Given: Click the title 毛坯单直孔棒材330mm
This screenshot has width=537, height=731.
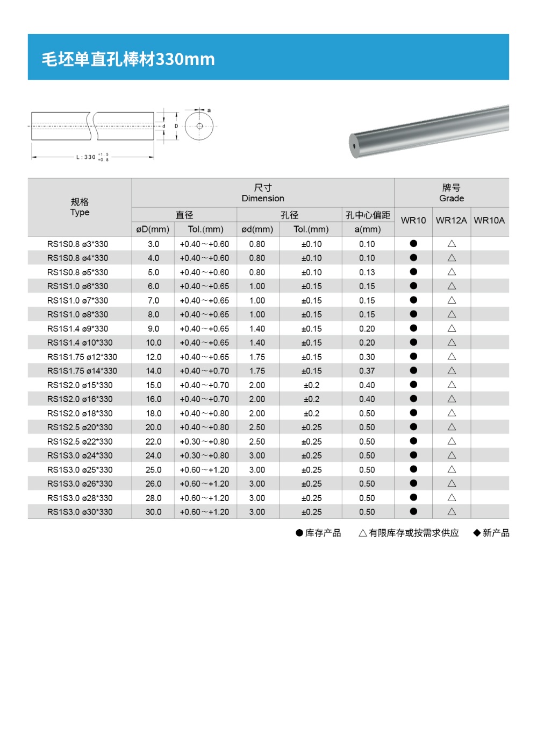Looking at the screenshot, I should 128,59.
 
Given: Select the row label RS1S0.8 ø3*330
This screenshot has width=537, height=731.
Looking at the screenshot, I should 77,244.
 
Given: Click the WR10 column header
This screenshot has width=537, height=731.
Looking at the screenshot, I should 413,221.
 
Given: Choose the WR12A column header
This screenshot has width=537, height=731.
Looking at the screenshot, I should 451,221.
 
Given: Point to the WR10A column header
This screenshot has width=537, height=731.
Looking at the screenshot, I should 489,221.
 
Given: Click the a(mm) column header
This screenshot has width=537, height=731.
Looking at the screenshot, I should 368,229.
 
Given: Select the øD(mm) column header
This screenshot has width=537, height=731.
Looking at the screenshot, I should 153,229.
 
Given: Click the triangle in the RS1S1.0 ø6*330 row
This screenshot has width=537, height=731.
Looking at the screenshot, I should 452,286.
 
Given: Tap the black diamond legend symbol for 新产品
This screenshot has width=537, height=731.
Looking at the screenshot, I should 477,533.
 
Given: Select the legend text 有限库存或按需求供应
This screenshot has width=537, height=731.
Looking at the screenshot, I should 413,533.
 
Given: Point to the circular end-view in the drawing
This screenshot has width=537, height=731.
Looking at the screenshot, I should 199,126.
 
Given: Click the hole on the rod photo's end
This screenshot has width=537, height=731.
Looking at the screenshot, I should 354,145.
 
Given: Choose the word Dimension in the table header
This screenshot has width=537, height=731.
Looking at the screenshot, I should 263,199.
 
